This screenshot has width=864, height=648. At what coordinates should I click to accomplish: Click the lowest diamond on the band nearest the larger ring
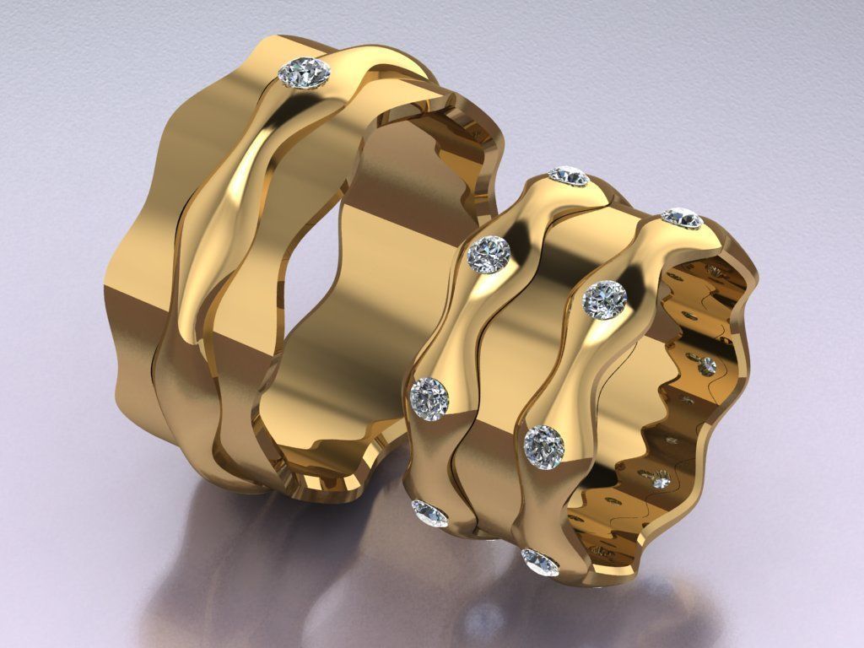coord(429,512)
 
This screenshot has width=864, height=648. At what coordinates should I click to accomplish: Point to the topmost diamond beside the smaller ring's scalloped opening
coord(682,218)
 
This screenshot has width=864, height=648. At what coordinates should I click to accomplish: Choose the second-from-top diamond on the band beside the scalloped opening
coord(606,299)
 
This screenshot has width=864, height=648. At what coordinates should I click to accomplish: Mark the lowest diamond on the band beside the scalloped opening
coord(540,561)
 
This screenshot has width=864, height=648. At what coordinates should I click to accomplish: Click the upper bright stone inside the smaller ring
coord(705,365)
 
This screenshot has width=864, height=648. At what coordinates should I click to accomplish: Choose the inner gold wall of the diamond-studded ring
coord(624,397)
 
